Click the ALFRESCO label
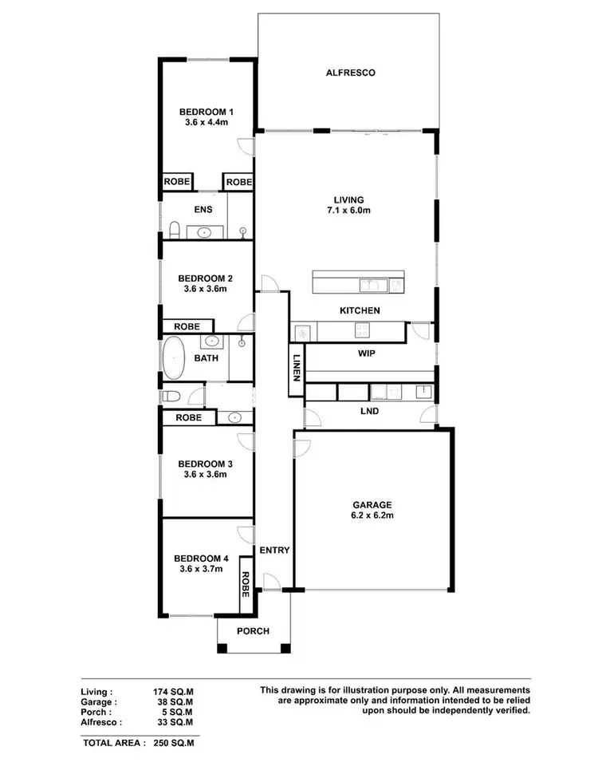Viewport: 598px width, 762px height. pyautogui.click(x=350, y=73)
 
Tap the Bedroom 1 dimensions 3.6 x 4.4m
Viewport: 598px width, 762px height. pyautogui.click(x=207, y=123)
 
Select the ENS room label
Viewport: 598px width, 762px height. pyautogui.click(x=203, y=211)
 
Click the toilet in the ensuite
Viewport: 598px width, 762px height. pyautogui.click(x=174, y=231)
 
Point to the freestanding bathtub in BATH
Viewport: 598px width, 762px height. pyautogui.click(x=173, y=358)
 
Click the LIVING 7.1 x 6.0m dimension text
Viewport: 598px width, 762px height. pyautogui.click(x=350, y=211)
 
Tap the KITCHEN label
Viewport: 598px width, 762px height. pyautogui.click(x=360, y=310)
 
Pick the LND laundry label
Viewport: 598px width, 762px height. pyautogui.click(x=369, y=412)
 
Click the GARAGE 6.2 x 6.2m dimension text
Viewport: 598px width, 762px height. pyautogui.click(x=373, y=515)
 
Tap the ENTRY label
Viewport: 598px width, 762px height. pyautogui.click(x=274, y=551)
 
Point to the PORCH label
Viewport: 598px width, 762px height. pyautogui.click(x=253, y=631)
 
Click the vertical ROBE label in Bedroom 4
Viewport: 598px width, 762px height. pyautogui.click(x=246, y=585)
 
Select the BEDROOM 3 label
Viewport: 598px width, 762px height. pyautogui.click(x=205, y=464)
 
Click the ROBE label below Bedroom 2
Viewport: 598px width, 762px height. pyautogui.click(x=187, y=326)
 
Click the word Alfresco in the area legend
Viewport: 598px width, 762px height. pyautogui.click(x=101, y=721)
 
